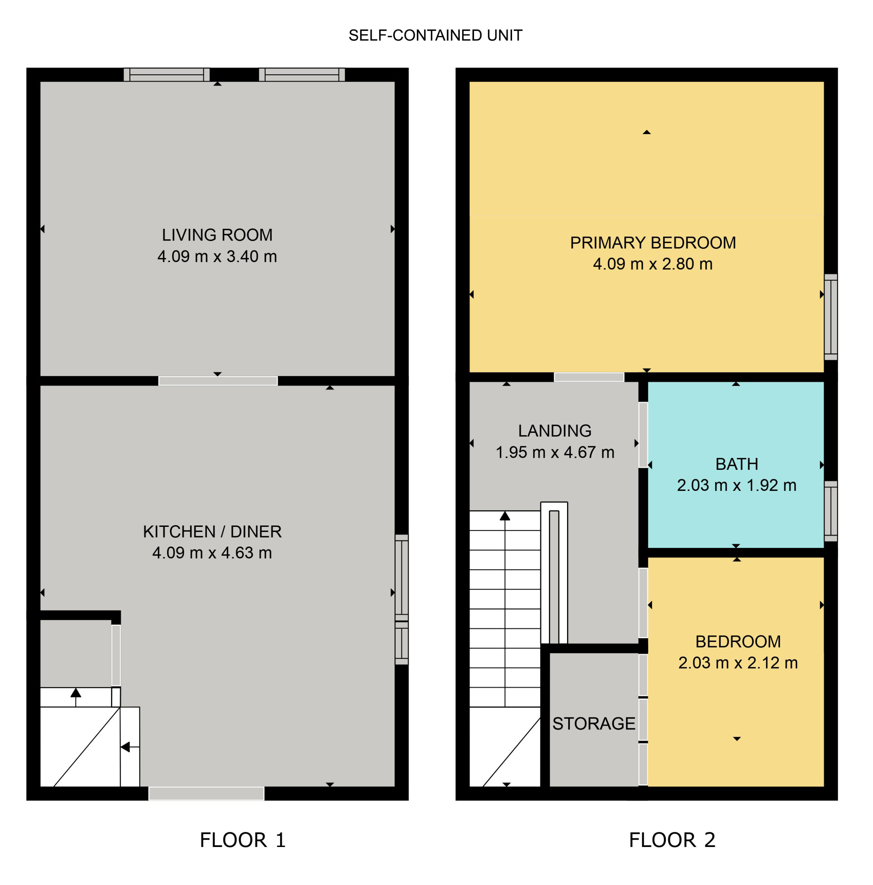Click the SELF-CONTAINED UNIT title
tap(435, 35)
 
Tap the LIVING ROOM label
tap(217, 235)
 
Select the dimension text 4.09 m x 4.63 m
tap(212, 553)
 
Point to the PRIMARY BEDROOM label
tap(653, 243)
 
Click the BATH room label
tap(736, 464)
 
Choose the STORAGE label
tap(594, 723)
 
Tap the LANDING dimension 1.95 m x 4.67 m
tap(555, 452)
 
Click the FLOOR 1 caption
tap(243, 840)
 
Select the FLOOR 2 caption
tap(672, 840)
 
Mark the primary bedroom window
tap(830, 317)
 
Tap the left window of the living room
tap(167, 75)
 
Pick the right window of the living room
tap(302, 75)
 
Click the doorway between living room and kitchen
tap(218, 381)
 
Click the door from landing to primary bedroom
tap(589, 377)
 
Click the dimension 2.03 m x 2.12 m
tap(738, 663)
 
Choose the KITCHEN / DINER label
tap(212, 532)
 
